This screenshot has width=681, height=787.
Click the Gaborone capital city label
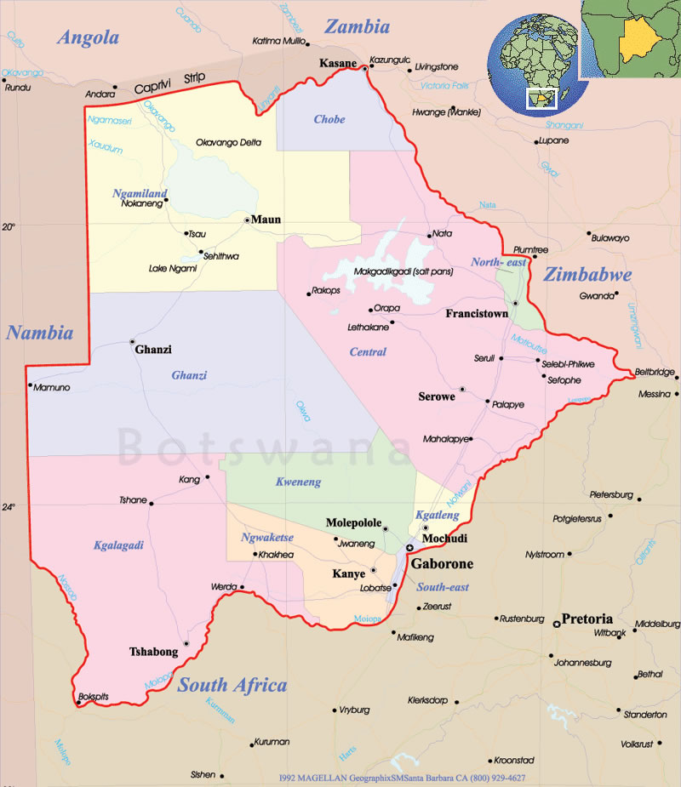tap(442, 564)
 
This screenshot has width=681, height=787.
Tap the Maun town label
tap(266, 220)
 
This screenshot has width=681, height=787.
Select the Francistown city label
tap(477, 314)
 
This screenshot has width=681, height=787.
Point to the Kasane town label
tap(338, 64)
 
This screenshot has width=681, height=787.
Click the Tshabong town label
tap(153, 653)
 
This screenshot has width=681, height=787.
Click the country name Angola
tap(88, 37)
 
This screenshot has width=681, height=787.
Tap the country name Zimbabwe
tap(588, 275)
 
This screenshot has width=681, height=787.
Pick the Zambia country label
tap(357, 27)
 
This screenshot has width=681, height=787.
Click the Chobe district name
tap(329, 119)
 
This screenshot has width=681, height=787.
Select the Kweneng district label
tap(298, 482)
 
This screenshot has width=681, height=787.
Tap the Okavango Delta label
tap(228, 142)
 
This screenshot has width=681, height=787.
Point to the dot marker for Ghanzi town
tap(132, 341)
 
